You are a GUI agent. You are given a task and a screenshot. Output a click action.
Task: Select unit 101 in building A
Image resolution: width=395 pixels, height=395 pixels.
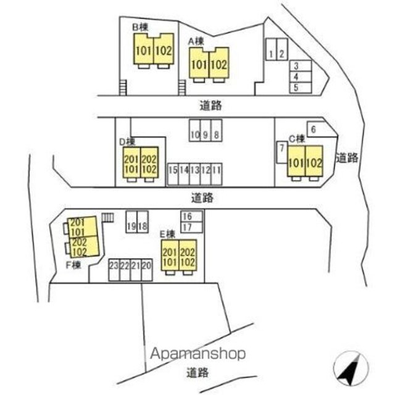pos(199,64)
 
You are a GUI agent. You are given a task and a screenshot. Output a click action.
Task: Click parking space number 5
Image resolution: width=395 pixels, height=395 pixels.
pos(296,88)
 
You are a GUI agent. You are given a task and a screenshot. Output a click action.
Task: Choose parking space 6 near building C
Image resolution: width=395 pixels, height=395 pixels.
pos(314,129)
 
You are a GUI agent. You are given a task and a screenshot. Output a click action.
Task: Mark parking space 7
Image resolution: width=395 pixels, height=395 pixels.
pos(281,149)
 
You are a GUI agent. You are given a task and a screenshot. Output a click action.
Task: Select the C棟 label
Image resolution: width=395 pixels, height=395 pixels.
pos(297,138)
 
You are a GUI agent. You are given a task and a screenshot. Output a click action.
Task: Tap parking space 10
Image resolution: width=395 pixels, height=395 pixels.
pos(194,135)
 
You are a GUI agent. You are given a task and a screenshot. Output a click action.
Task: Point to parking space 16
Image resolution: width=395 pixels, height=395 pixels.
pos(187,216)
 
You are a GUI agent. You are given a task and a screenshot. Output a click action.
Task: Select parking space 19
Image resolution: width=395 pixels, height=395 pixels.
pos(131,226)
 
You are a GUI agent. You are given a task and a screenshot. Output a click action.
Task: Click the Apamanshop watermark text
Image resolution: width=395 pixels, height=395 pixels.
pos(198,354)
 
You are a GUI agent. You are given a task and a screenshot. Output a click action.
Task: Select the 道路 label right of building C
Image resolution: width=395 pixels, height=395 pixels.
pos(347,157)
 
